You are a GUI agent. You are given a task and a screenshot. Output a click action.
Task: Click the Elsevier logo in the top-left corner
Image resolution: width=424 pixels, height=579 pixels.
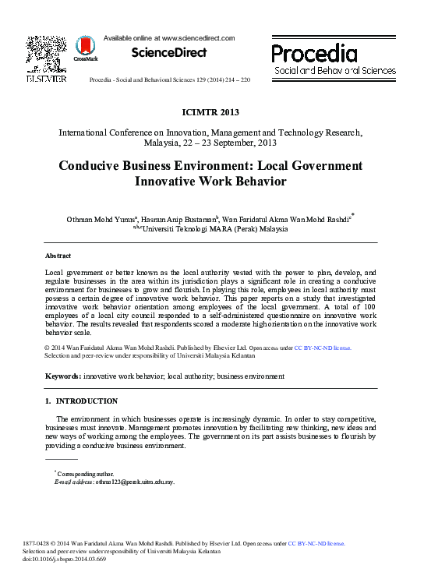[46, 59]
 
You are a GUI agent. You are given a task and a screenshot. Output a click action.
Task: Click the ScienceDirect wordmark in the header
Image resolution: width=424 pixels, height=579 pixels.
[169, 53]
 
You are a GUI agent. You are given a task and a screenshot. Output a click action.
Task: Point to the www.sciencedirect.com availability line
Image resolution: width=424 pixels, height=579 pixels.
[169, 37]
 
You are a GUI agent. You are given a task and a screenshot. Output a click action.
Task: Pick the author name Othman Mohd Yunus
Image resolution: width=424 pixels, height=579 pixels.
[102, 219]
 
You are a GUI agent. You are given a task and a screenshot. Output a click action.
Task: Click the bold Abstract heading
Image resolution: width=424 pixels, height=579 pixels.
[58, 256]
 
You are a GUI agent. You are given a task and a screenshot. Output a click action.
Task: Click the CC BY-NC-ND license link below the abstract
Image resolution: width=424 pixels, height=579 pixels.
[322, 348]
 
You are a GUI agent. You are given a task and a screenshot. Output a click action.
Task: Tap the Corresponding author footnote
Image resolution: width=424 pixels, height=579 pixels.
[86, 473]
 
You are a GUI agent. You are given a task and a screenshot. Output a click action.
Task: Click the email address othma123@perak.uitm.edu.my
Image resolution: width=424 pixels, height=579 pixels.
[135, 482]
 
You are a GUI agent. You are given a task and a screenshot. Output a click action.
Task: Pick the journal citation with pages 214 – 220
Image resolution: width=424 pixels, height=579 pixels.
[170, 80]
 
